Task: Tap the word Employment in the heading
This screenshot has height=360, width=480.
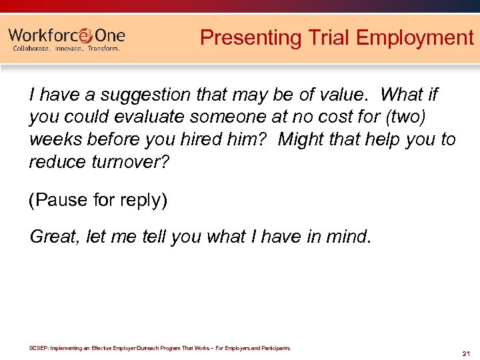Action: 415,38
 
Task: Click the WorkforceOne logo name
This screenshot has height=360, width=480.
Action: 67,35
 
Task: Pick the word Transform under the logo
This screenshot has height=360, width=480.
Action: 104,49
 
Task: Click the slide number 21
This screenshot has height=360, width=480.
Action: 466,353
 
